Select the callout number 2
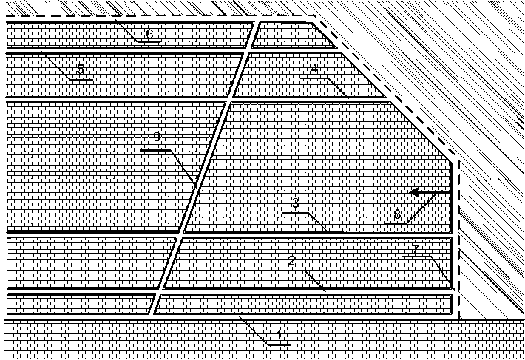click(x=291, y=261)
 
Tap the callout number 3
click(x=295, y=203)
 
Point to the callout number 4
click(x=314, y=68)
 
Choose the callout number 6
click(x=149, y=34)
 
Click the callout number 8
click(x=397, y=215)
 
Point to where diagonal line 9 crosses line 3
click(x=180, y=234)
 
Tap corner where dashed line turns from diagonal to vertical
click(x=458, y=160)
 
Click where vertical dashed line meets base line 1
click(x=458, y=319)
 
